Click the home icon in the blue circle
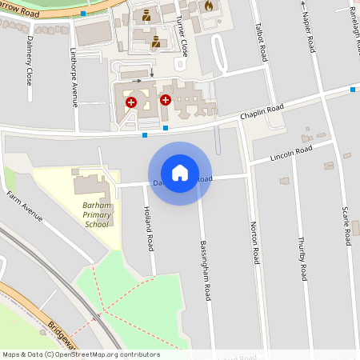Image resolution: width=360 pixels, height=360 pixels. pyautogui.click(x=180, y=173)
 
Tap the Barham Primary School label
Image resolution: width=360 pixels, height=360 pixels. pyautogui.click(x=95, y=215)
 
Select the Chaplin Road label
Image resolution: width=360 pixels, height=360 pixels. pyautogui.click(x=262, y=113)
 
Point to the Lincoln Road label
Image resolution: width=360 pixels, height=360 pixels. pyautogui.click(x=291, y=154)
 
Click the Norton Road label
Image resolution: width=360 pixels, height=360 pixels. pyautogui.click(x=254, y=243)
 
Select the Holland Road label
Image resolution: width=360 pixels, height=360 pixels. pyautogui.click(x=148, y=231)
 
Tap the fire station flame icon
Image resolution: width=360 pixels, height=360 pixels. pyautogui.click(x=210, y=6)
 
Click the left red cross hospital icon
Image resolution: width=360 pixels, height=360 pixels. pyautogui.click(x=130, y=102)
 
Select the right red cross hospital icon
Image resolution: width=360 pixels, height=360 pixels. pyautogui.click(x=166, y=100)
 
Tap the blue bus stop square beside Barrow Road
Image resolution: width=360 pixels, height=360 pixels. pyautogui.click(x=84, y=14)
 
